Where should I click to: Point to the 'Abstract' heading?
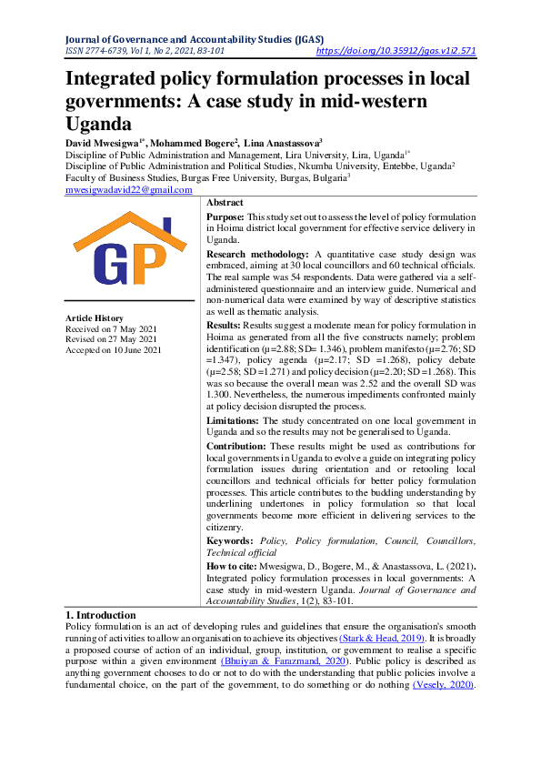pyautogui.click(x=225, y=202)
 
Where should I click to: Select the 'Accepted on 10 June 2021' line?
pyautogui.click(x=113, y=350)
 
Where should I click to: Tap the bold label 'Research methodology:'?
pyautogui.click(x=257, y=253)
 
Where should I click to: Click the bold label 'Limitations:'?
pyautogui.click(x=234, y=420)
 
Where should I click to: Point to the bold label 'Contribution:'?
pyautogui.click(x=237, y=447)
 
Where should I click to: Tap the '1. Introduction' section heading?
pyautogui.click(x=101, y=616)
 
